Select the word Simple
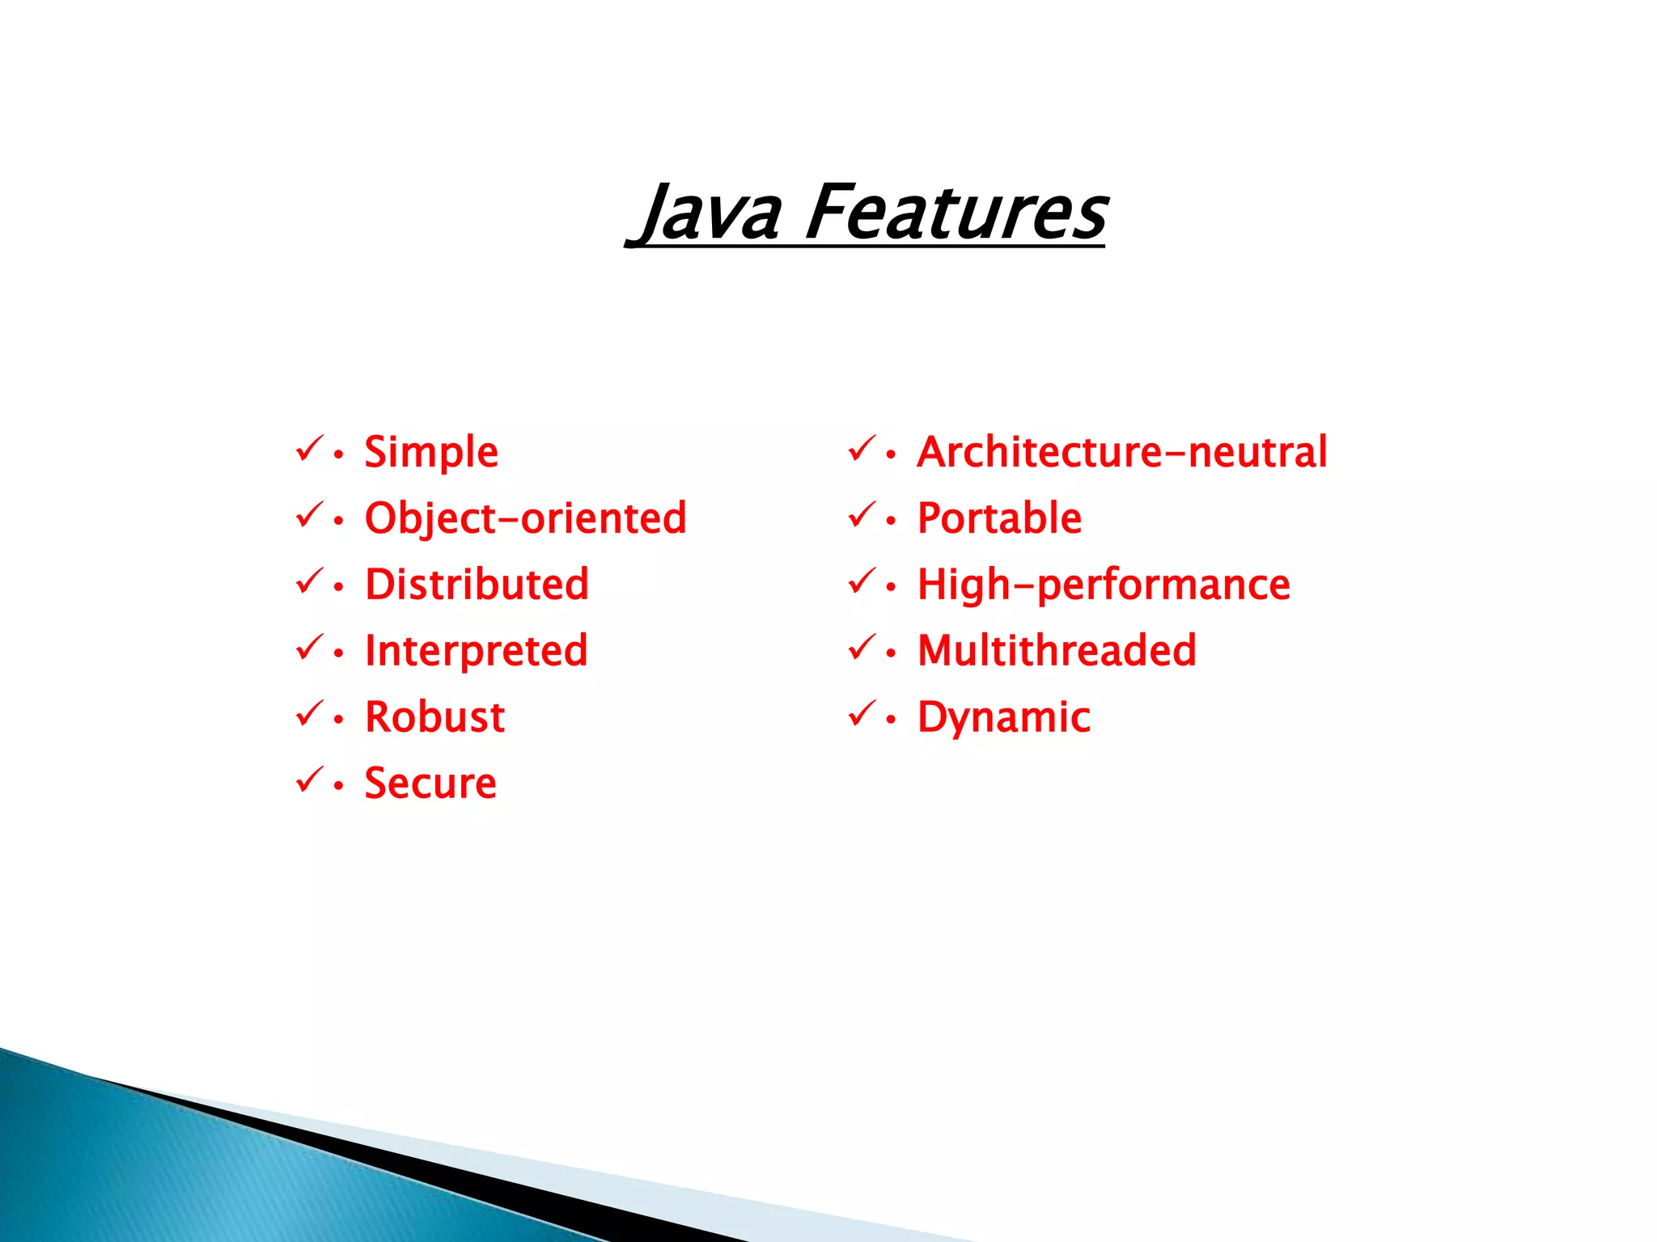(430, 452)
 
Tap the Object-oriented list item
(525, 518)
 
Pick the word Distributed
(477, 585)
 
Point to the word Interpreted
(476, 651)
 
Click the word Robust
(434, 717)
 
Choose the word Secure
(430, 784)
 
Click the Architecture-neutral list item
(1121, 452)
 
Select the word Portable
(999, 518)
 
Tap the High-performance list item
(1104, 585)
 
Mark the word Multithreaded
(1057, 651)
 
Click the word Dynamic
(1003, 717)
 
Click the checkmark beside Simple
(309, 449)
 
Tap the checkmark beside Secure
(309, 780)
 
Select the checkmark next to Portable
(862, 515)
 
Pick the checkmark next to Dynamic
(862, 714)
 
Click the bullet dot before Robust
(338, 720)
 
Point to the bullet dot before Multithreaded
(891, 653)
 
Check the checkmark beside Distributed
(309, 581)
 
